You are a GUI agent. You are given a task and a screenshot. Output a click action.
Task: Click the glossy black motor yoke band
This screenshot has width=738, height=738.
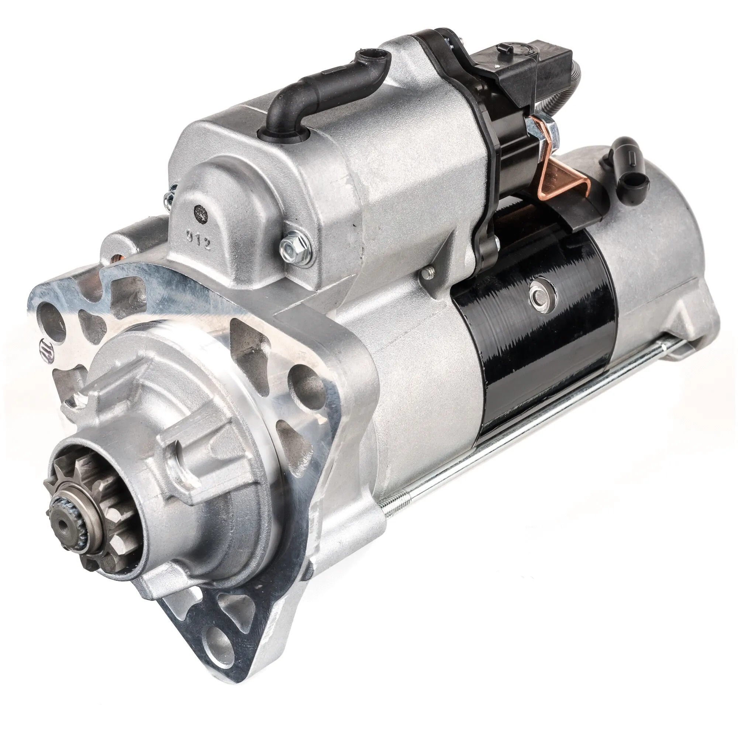click(x=535, y=355)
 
